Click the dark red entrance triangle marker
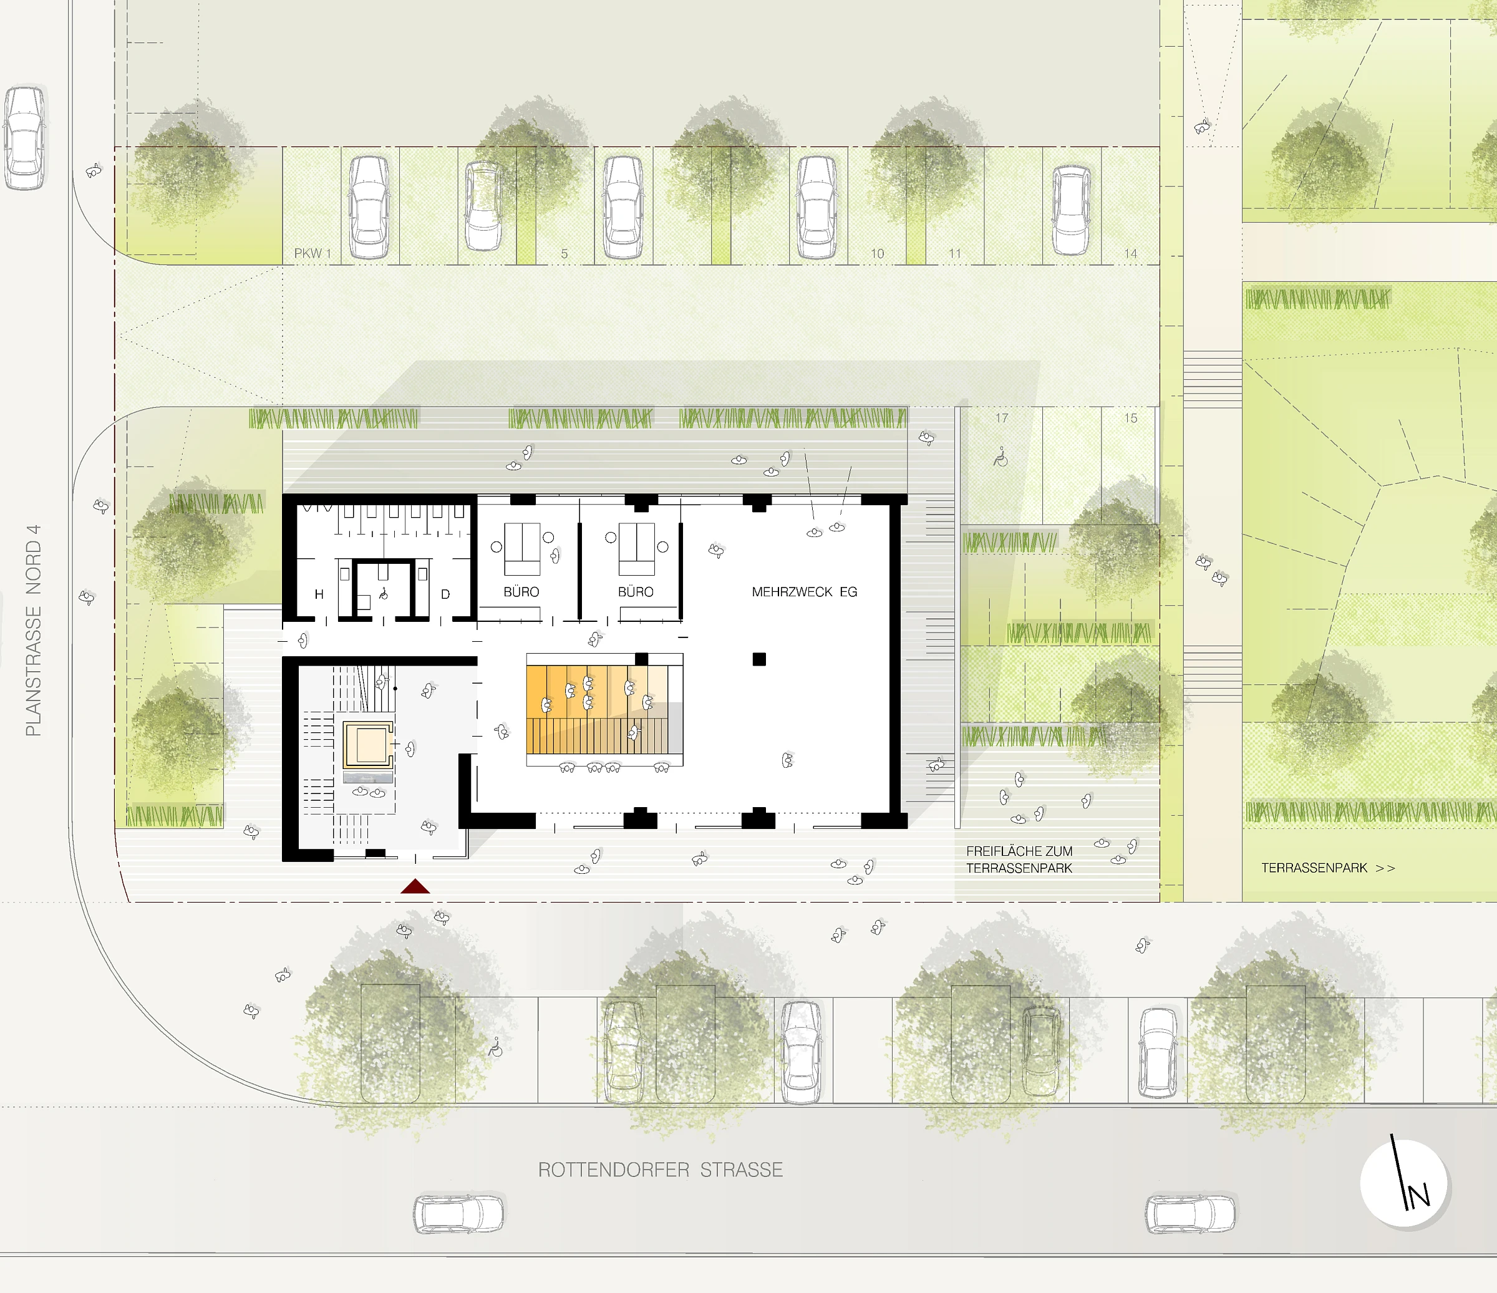point(415,886)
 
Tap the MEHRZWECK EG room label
point(804,591)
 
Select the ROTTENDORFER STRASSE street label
point(661,1170)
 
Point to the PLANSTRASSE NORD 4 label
point(33,630)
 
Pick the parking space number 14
point(1131,253)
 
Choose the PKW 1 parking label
point(312,253)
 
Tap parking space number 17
point(1001,419)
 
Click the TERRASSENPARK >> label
point(1328,868)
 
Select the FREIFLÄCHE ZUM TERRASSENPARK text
point(1019,860)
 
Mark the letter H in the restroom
point(319,594)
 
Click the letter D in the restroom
point(445,594)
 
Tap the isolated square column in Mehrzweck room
point(758,659)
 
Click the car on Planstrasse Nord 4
point(24,138)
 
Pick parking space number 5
point(564,253)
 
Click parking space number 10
point(877,253)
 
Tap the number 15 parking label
point(1131,419)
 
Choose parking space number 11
point(954,253)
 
